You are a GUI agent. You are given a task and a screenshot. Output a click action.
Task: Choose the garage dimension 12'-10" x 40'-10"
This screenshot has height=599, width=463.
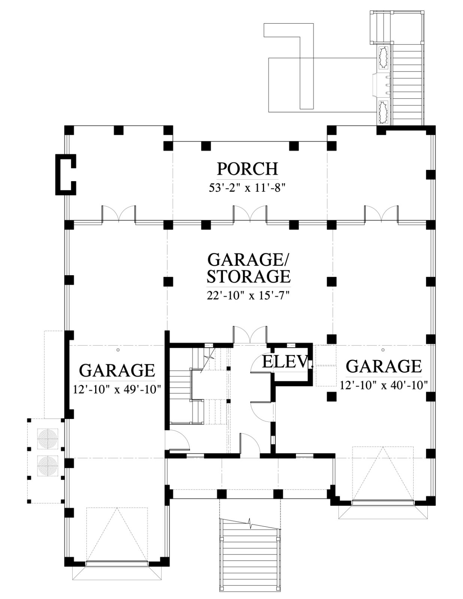[x=384, y=385]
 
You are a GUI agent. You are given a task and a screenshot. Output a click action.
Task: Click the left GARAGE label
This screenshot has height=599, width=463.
[x=117, y=370]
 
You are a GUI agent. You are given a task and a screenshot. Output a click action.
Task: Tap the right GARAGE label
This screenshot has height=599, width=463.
[x=384, y=366]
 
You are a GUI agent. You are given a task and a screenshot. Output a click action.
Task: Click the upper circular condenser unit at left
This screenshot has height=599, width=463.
[x=48, y=438]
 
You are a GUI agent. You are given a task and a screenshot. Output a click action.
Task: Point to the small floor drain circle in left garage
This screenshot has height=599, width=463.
[x=118, y=350]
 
